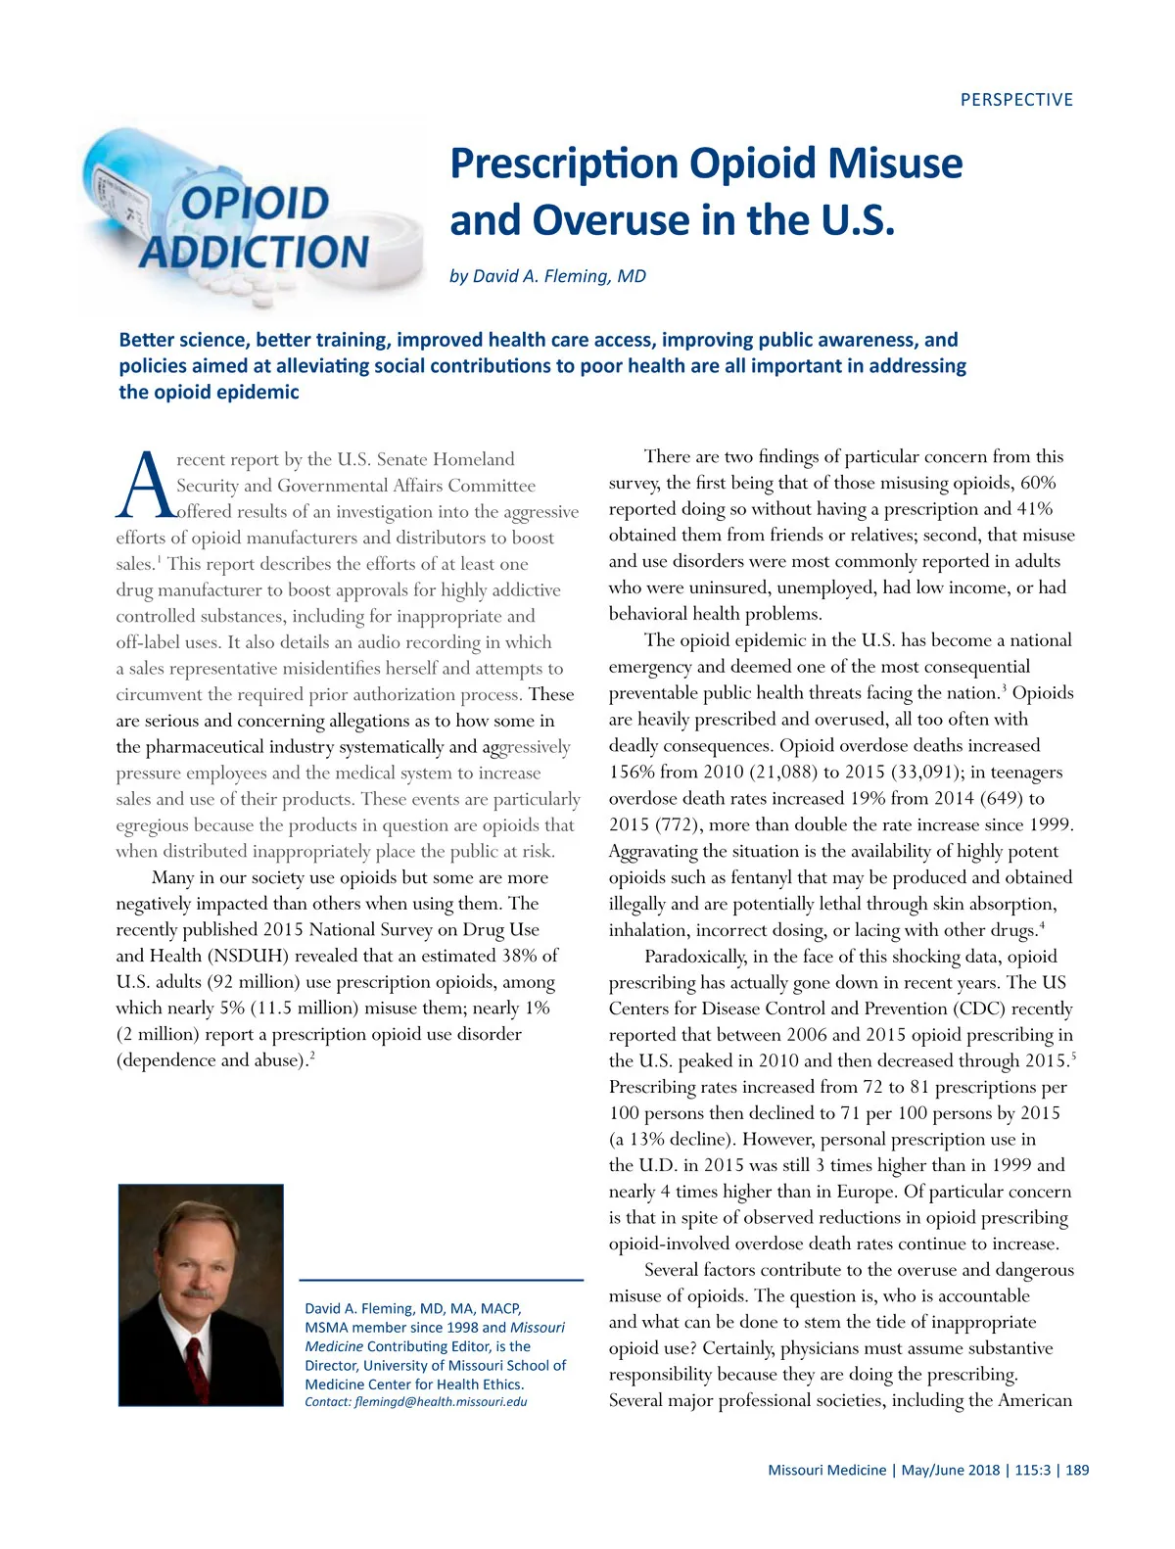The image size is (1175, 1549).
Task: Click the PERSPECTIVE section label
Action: [1016, 100]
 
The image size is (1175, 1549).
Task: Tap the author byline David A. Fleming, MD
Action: [547, 276]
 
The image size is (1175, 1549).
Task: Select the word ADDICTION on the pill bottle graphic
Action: [255, 252]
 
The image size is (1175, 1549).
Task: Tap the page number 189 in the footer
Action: [1077, 1470]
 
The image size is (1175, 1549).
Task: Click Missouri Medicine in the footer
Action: [826, 1470]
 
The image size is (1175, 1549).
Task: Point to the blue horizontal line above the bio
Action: [441, 1280]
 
